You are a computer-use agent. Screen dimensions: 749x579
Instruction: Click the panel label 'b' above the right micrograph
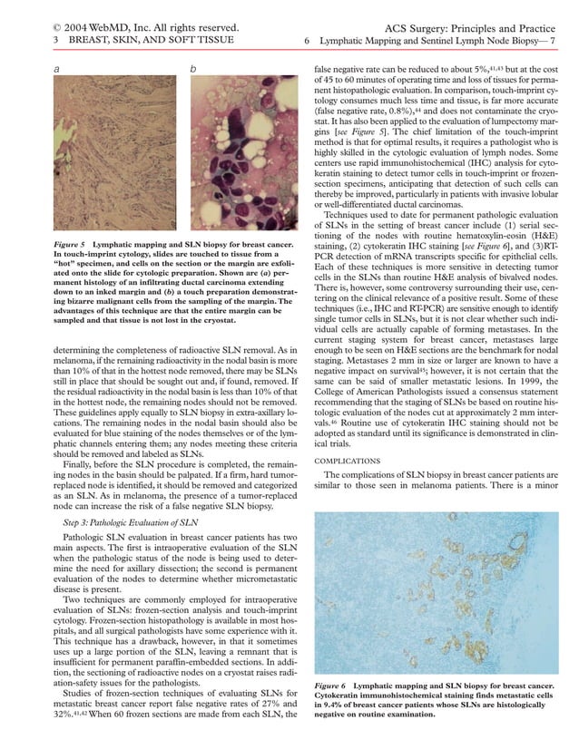[x=192, y=69]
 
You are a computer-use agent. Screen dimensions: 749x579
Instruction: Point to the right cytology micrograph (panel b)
[x=244, y=155]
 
